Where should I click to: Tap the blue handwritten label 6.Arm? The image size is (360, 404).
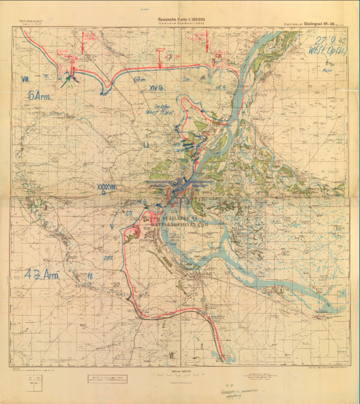coord(40,96)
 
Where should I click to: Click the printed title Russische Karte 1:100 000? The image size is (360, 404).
coord(179,19)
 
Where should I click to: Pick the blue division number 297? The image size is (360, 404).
coord(108,258)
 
